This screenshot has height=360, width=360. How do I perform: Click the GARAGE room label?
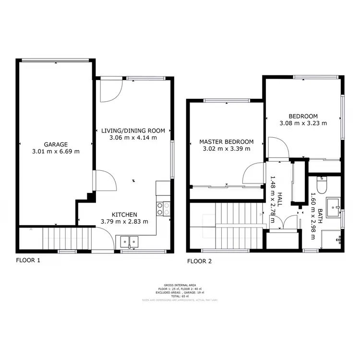pyautogui.click(x=56, y=144)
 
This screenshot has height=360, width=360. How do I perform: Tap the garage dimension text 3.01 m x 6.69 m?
pyautogui.click(x=56, y=151)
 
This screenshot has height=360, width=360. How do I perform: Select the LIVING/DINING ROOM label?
pyautogui.click(x=133, y=130)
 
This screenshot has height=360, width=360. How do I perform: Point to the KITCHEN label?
pyautogui.click(x=124, y=214)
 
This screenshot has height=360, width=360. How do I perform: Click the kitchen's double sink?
pyautogui.click(x=129, y=241)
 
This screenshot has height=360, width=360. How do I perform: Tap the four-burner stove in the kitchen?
pyautogui.click(x=163, y=208)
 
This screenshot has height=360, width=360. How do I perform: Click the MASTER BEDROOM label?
pyautogui.click(x=226, y=142)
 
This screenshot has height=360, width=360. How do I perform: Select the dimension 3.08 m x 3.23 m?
pyautogui.click(x=303, y=123)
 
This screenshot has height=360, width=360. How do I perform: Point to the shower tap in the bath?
pyautogui.click(x=340, y=238)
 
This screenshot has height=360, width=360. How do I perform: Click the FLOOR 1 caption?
pyautogui.click(x=28, y=261)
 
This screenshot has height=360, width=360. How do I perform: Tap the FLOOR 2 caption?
pyautogui.click(x=199, y=262)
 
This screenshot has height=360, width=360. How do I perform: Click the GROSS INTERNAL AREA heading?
pyautogui.click(x=180, y=285)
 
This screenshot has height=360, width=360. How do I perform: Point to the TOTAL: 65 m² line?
pyautogui.click(x=180, y=296)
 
